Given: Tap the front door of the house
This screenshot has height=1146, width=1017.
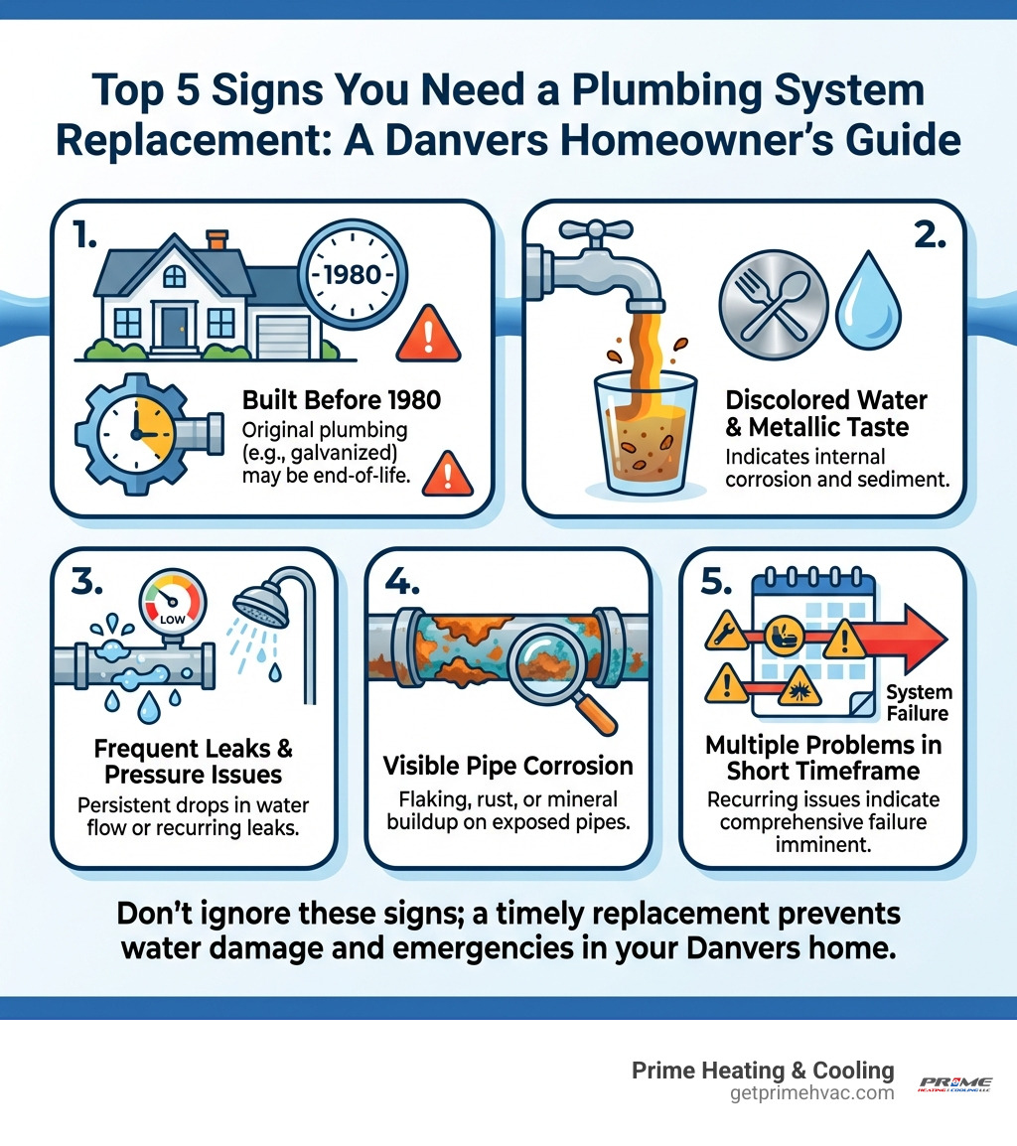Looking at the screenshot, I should pyautogui.click(x=175, y=326).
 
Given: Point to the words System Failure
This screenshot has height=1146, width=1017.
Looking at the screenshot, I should pyautogui.click(x=919, y=702).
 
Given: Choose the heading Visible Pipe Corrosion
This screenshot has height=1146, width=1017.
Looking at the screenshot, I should pyautogui.click(x=508, y=766).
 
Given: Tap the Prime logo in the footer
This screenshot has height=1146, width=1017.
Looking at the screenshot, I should pyautogui.click(x=954, y=1083).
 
